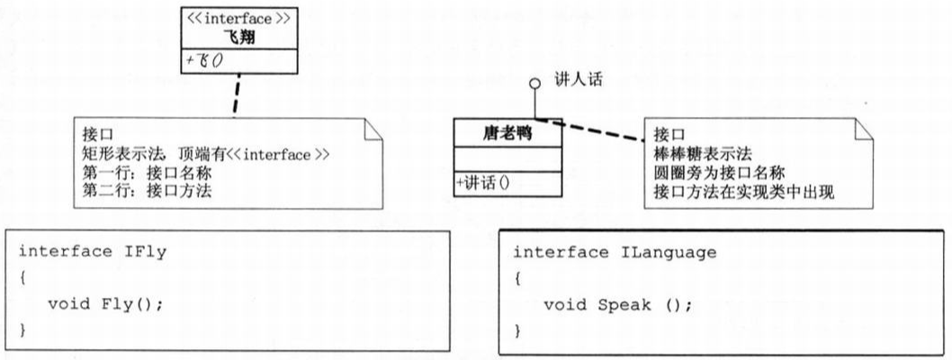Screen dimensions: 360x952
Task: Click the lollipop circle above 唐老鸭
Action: click(534, 84)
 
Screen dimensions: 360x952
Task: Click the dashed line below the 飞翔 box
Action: click(236, 94)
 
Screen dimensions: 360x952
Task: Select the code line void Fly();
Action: click(105, 303)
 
